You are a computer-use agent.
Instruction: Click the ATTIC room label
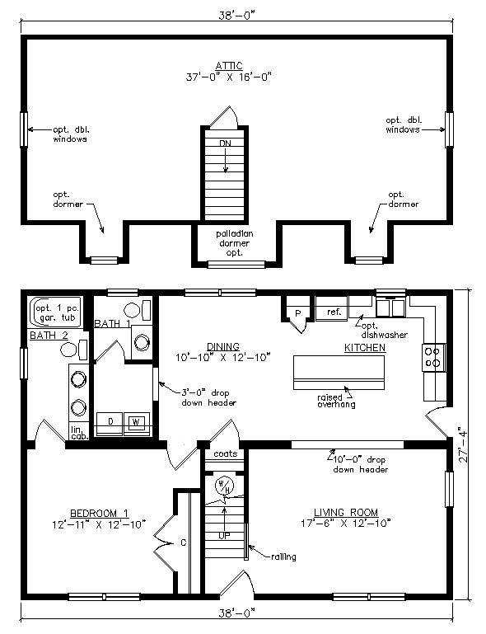[x=229, y=65]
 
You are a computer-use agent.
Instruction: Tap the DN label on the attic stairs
[x=226, y=143]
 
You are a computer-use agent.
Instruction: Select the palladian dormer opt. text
[x=234, y=243]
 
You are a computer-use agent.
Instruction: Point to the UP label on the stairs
[x=224, y=536]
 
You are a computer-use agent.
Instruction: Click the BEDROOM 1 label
[x=99, y=514]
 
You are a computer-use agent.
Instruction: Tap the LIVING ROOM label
[x=346, y=513]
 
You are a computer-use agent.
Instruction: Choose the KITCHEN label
[x=365, y=348]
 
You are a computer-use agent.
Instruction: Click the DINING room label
[x=223, y=346]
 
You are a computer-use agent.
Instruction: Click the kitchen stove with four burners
[x=434, y=358]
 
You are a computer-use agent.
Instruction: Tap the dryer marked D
[x=110, y=423]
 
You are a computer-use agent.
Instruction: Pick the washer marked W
[x=137, y=423]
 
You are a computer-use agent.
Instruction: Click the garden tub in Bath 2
[x=55, y=312]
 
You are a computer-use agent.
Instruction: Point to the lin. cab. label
[x=79, y=433]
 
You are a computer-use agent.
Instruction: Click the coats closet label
[x=226, y=453]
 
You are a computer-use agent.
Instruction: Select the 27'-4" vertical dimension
[x=463, y=444]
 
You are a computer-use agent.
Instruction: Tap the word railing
[x=283, y=557]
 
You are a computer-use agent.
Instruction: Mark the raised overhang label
[x=336, y=401]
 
